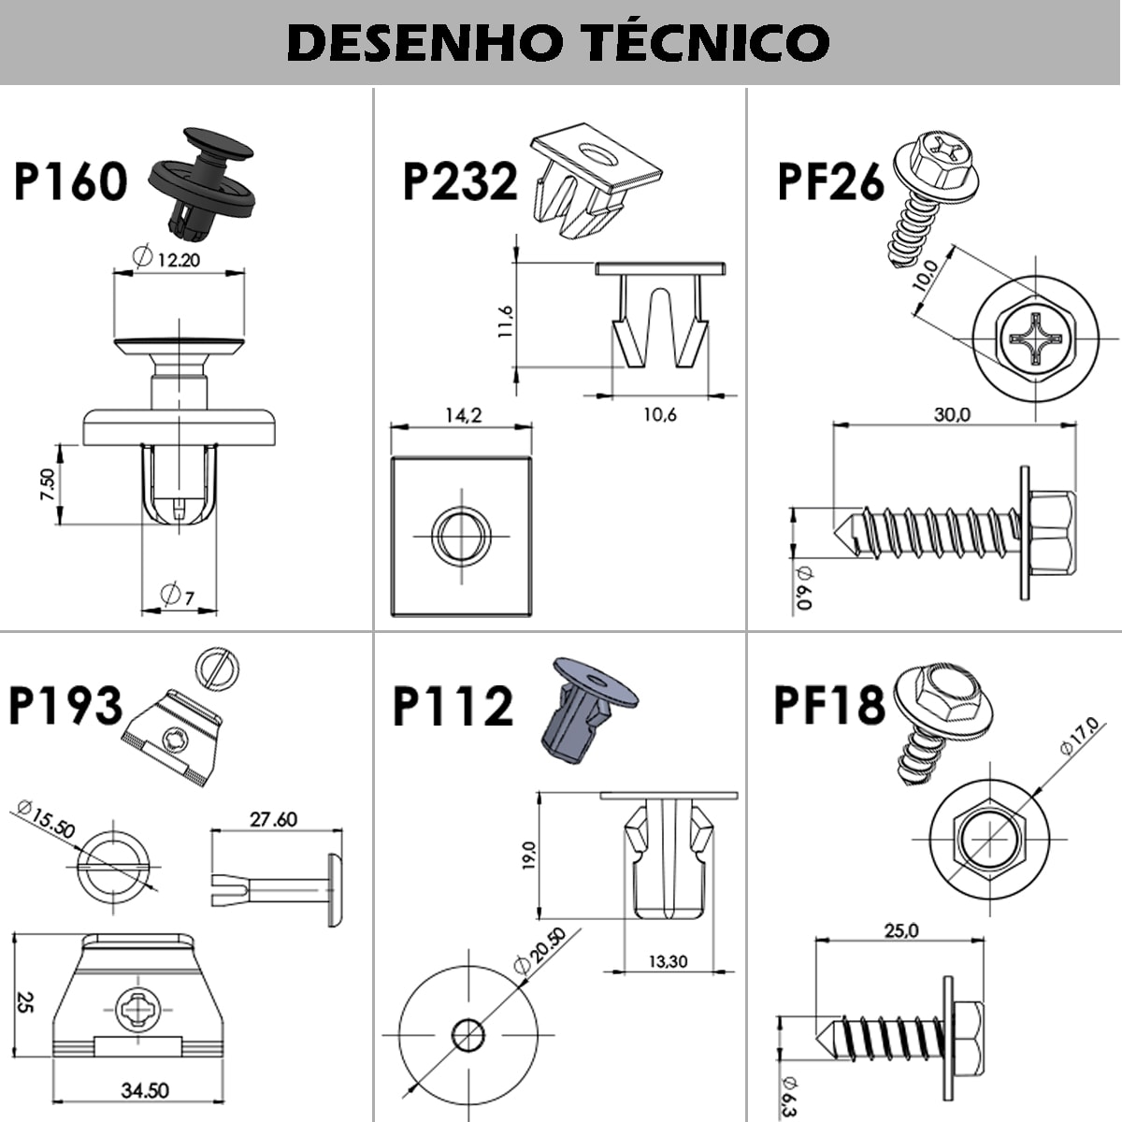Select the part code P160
tap(71, 181)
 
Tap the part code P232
tap(459, 181)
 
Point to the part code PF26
tap(830, 181)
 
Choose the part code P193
tap(65, 706)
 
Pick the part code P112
tap(453, 706)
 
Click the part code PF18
tap(828, 706)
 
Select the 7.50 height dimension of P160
tap(47, 484)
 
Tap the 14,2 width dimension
tap(462, 415)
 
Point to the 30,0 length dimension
tap(952, 414)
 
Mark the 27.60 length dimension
tap(273, 819)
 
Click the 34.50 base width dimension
tap(145, 1090)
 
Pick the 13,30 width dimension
tap(667, 961)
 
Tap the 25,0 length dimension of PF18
tap(900, 930)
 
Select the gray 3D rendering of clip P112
tap(580, 711)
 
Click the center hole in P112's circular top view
tap(468, 1035)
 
